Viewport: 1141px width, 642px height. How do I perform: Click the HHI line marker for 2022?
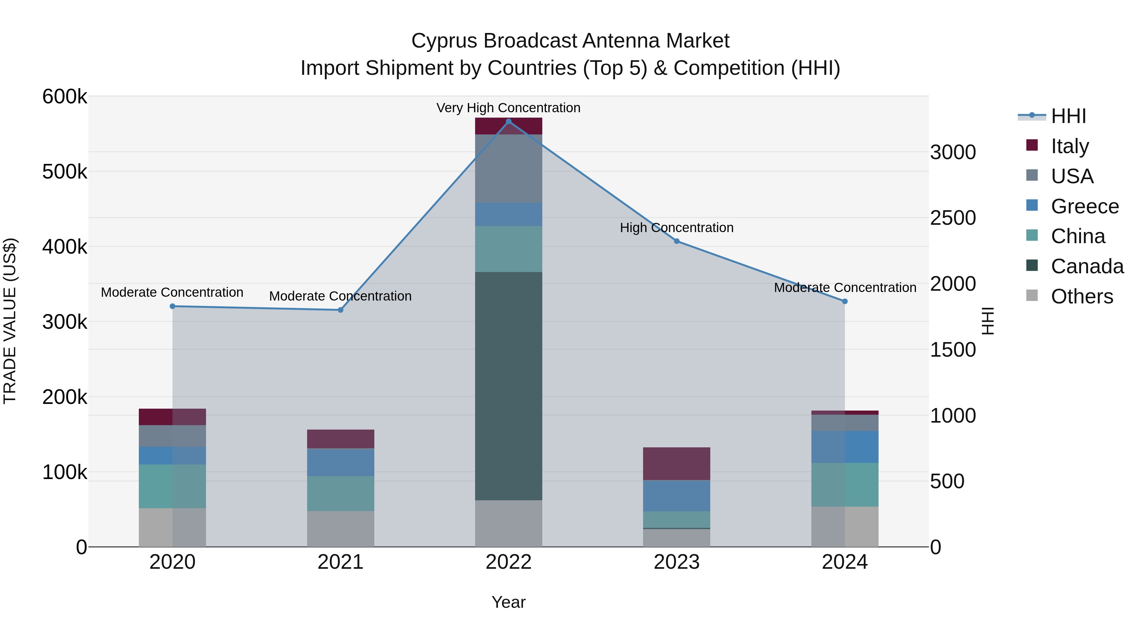click(x=508, y=121)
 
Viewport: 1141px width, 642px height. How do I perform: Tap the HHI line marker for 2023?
click(x=676, y=241)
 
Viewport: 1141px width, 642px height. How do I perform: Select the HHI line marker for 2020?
click(x=172, y=306)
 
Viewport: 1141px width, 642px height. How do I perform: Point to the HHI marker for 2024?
click(x=845, y=301)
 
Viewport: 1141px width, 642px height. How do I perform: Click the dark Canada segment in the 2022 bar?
click(x=508, y=386)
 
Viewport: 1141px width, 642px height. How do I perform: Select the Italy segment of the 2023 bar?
click(x=676, y=464)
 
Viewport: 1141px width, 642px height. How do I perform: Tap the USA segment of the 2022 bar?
click(x=508, y=168)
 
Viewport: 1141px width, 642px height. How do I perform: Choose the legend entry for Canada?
click(x=1087, y=266)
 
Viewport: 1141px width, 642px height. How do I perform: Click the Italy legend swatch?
click(x=1032, y=145)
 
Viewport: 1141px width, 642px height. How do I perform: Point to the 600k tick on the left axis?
click(x=65, y=97)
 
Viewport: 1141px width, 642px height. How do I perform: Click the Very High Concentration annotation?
click(x=508, y=108)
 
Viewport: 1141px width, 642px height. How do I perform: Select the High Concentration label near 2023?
click(x=676, y=228)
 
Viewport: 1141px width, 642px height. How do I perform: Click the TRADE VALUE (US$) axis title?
click(x=10, y=321)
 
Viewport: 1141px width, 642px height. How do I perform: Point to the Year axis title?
click(x=508, y=602)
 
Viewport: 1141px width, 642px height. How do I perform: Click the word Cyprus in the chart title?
click(x=444, y=41)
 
